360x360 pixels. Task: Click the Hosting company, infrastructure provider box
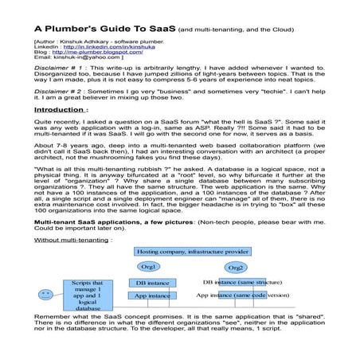point(191,251)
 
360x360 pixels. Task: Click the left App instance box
point(151,295)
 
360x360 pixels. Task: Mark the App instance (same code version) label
point(242,295)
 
